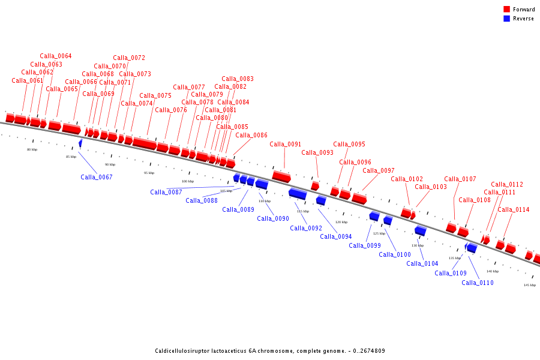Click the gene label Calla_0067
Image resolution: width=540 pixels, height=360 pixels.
[97, 177]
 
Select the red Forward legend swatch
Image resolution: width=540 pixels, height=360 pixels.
[506, 10]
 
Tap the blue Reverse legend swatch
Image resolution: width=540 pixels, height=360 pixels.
[506, 19]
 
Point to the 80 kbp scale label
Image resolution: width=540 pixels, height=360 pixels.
[32, 149]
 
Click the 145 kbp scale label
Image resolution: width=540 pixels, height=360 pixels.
[529, 285]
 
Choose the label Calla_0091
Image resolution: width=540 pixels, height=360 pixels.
[285, 144]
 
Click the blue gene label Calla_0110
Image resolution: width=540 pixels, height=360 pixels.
[478, 283]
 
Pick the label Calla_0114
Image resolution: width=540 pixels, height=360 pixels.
[514, 209]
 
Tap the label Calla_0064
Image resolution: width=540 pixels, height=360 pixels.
[56, 56]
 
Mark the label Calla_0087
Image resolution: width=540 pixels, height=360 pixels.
[166, 192]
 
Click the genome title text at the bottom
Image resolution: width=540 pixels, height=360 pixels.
[270, 351]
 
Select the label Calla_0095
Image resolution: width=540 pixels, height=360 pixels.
[349, 144]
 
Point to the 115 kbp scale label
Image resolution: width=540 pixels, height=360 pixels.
[303, 211]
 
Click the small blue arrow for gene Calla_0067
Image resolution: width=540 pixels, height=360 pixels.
[80, 143]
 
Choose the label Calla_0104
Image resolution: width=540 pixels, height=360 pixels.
[422, 263]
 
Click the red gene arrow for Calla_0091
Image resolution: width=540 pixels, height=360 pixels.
[281, 176]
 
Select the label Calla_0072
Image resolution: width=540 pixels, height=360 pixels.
[129, 58]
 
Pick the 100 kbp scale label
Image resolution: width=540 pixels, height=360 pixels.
[188, 181]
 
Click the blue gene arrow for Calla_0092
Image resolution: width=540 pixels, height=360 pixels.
[298, 194]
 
